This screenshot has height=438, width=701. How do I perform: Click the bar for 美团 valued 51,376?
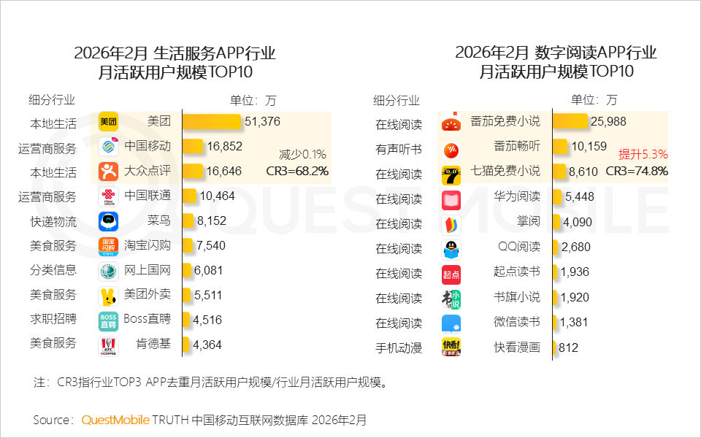coord(212,122)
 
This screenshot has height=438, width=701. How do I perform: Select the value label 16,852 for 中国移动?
coord(224,147)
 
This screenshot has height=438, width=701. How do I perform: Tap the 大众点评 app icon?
coord(108,172)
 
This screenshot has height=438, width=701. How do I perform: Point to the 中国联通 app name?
coord(148,196)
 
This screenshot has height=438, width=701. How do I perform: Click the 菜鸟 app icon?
coord(108,221)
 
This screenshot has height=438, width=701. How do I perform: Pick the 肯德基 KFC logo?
coord(108,345)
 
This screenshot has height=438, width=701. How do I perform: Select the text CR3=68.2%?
coord(297,172)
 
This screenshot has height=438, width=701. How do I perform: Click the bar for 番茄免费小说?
coord(570,122)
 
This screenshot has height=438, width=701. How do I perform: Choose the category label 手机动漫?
coord(399,348)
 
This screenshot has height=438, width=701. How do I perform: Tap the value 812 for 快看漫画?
coord(568,348)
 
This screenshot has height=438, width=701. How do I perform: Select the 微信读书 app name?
coord(517,321)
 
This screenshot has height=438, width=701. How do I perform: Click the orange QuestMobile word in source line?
coord(115,420)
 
